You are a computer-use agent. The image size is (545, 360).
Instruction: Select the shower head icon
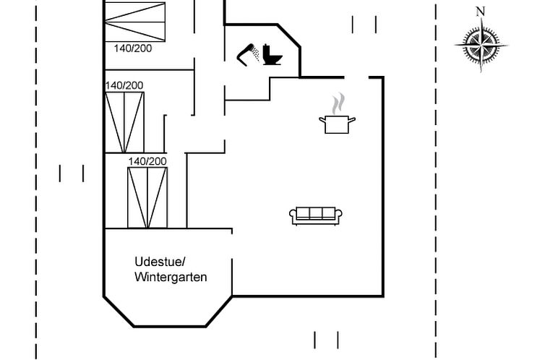250,53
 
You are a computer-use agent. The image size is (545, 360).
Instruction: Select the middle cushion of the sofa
316,213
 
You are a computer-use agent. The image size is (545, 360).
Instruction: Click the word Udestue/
160,261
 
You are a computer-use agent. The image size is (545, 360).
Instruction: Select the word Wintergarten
171,277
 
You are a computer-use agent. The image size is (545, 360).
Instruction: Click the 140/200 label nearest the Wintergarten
147,161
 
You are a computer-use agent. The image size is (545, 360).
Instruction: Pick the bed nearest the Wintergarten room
147,197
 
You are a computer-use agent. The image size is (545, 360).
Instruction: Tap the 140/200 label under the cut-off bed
133,48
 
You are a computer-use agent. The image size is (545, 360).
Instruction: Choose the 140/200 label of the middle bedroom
124,85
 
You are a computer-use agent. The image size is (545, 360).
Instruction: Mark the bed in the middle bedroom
124,121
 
